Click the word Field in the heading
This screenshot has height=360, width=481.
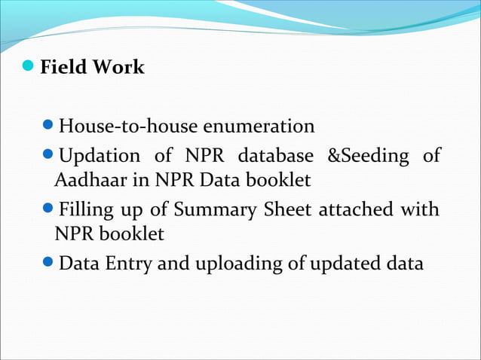click(x=64, y=68)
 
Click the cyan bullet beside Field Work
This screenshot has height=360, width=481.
click(x=28, y=67)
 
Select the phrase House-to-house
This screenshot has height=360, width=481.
click(x=114, y=125)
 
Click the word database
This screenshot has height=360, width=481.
click(x=275, y=157)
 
